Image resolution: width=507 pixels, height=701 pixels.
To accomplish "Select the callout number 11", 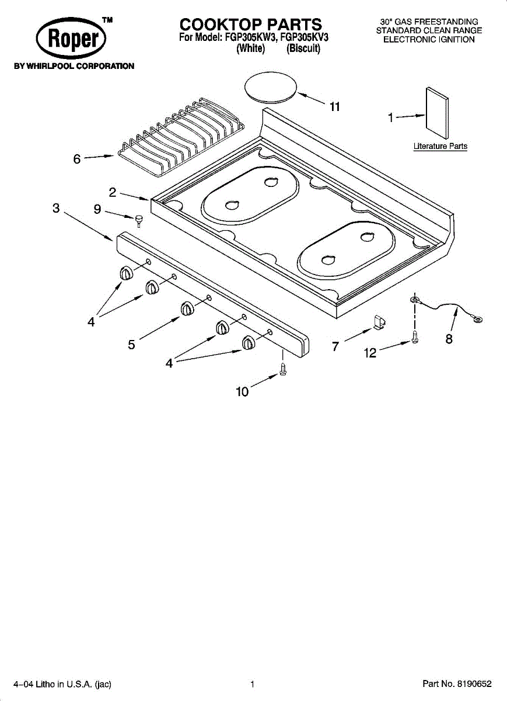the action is (x=335, y=107).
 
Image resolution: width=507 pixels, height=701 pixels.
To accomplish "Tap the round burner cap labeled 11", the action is (x=271, y=86).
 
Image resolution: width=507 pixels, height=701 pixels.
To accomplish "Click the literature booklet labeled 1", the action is (x=437, y=113).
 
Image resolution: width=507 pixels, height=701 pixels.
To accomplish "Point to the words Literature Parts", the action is (x=440, y=146).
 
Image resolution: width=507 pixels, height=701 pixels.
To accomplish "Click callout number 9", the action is (x=97, y=209).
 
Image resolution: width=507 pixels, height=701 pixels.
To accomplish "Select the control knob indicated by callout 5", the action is (x=187, y=308).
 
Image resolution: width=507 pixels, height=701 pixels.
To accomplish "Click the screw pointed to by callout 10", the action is (x=283, y=369).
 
